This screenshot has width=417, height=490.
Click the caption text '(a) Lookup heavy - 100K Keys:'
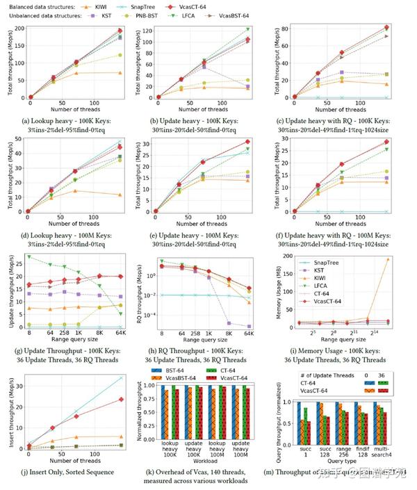point(68,120)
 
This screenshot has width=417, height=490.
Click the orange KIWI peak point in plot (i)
point(387,259)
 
